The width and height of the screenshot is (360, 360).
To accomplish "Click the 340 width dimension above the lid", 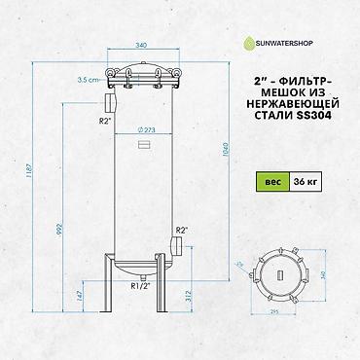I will [141, 44].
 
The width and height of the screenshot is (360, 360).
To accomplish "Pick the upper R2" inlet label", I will [104, 122].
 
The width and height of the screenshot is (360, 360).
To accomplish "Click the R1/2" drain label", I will [138, 286].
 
